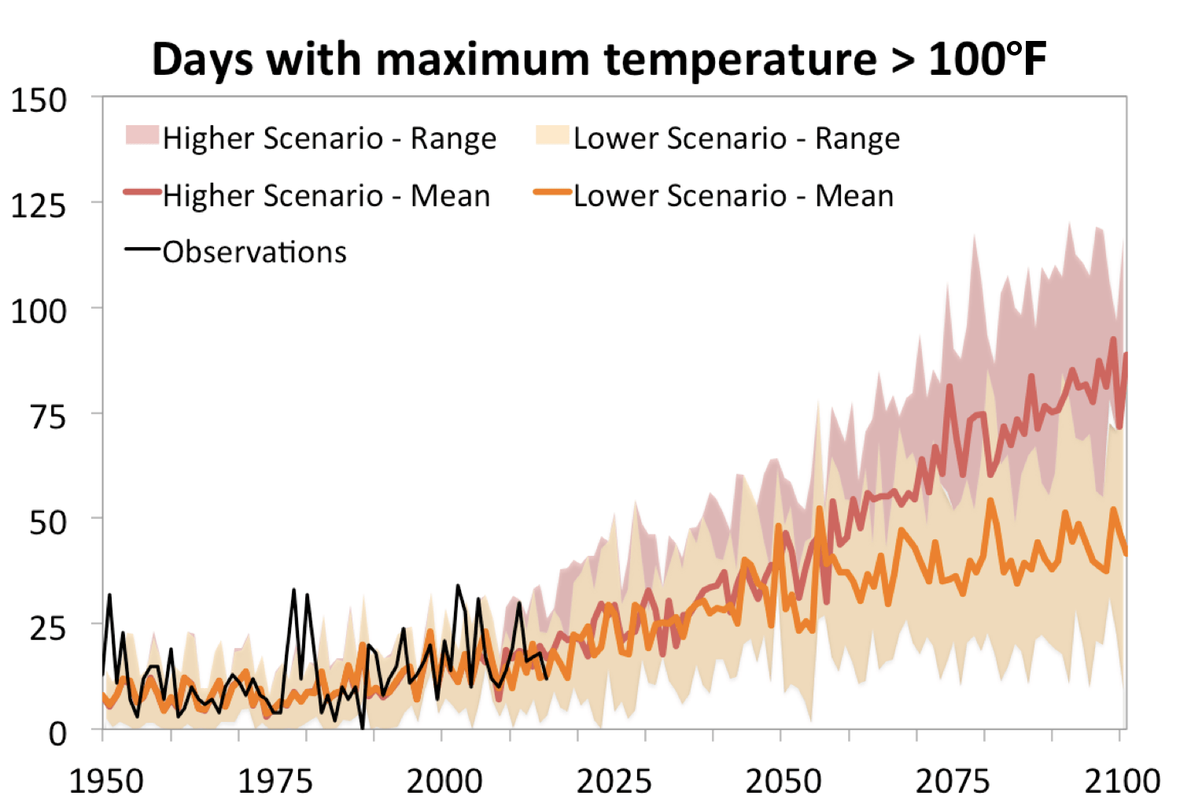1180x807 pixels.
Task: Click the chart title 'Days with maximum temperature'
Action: tap(599, 59)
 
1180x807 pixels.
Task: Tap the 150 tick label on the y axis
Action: tap(39, 101)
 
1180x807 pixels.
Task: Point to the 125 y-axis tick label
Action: tap(39, 206)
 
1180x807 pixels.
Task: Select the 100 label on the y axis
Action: tap(39, 312)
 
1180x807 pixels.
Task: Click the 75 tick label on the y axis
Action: tap(48, 417)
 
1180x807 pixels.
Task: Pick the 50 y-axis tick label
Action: tap(48, 523)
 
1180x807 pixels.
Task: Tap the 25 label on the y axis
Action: tap(48, 628)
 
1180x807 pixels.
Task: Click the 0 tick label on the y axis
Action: tap(57, 734)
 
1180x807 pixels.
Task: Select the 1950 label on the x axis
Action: tap(106, 782)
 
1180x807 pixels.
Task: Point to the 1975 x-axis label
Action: tap(275, 782)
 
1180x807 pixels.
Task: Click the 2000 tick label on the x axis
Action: tap(444, 782)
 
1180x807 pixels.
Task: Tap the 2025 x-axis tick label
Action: tap(614, 782)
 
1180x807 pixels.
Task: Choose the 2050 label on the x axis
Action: tap(783, 782)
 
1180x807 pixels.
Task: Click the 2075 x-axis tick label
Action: tap(953, 782)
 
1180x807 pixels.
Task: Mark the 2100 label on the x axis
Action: tap(1122, 782)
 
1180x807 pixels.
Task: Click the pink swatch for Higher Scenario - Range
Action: tap(142, 135)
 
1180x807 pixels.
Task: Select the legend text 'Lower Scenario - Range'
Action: tap(736, 139)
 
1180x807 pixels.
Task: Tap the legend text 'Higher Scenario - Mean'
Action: tap(326, 196)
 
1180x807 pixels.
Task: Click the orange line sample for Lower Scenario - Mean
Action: tap(552, 192)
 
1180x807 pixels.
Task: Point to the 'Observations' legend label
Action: tap(254, 253)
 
